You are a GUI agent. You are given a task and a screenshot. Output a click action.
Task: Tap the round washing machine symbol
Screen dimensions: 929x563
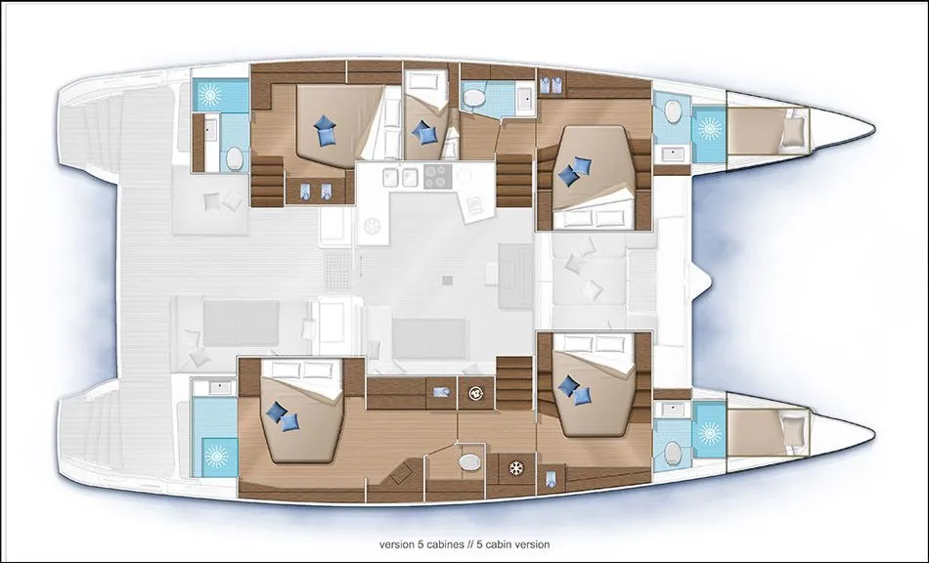pyautogui.click(x=475, y=392)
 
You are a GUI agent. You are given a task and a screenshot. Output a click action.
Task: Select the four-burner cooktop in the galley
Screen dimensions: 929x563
pyautogui.click(x=438, y=176)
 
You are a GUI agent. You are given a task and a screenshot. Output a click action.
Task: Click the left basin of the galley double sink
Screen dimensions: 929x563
pyautogui.click(x=391, y=176)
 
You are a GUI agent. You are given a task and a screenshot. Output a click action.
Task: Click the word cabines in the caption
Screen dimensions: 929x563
pyautogui.click(x=433, y=544)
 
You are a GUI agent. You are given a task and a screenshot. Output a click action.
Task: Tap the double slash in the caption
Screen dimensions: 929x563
pyautogui.click(x=456, y=544)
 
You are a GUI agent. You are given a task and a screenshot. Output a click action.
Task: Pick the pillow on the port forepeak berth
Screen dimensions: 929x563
pyautogui.click(x=793, y=131)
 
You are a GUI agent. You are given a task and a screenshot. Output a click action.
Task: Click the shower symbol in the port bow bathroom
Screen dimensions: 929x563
pyautogui.click(x=709, y=128)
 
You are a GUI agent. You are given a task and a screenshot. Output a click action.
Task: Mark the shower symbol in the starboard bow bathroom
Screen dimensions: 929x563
pyautogui.click(x=709, y=433)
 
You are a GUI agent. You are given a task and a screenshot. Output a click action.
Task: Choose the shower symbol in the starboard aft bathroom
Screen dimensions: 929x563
pyautogui.click(x=215, y=456)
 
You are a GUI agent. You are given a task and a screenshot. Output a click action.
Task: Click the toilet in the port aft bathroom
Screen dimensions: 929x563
pyautogui.click(x=235, y=158)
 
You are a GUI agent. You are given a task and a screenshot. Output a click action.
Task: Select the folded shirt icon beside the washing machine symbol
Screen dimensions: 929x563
pyautogui.click(x=441, y=392)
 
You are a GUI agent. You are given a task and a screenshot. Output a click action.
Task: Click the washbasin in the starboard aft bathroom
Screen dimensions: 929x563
pyautogui.click(x=220, y=388)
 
